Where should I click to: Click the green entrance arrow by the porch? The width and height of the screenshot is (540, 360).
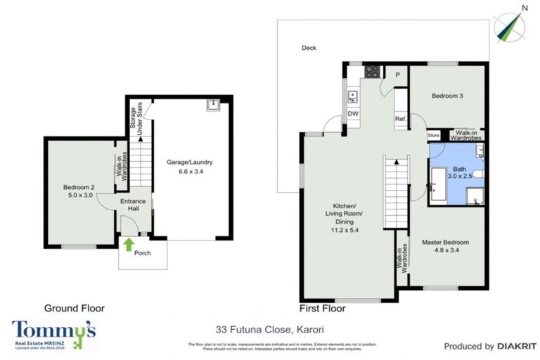[x=129, y=244]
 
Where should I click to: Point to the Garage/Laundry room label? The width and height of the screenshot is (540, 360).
[x=189, y=166]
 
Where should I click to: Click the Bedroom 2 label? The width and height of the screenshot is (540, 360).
[x=78, y=191]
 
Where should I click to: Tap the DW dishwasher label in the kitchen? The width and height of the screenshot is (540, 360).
[x=353, y=114]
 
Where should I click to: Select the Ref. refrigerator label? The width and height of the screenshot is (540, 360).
[x=400, y=118]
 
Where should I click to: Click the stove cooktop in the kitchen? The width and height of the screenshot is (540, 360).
[x=371, y=71]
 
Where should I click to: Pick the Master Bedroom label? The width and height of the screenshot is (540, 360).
[x=445, y=247]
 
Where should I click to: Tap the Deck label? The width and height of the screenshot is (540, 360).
[x=309, y=48]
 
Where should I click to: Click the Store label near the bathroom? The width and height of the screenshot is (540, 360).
[x=433, y=136]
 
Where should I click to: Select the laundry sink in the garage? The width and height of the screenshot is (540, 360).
[x=212, y=105]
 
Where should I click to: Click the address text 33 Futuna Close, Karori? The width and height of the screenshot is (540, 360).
[x=270, y=328]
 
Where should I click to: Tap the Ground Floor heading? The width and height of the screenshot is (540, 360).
[x=74, y=308]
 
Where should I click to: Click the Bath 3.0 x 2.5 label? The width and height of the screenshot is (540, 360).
[x=459, y=174]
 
